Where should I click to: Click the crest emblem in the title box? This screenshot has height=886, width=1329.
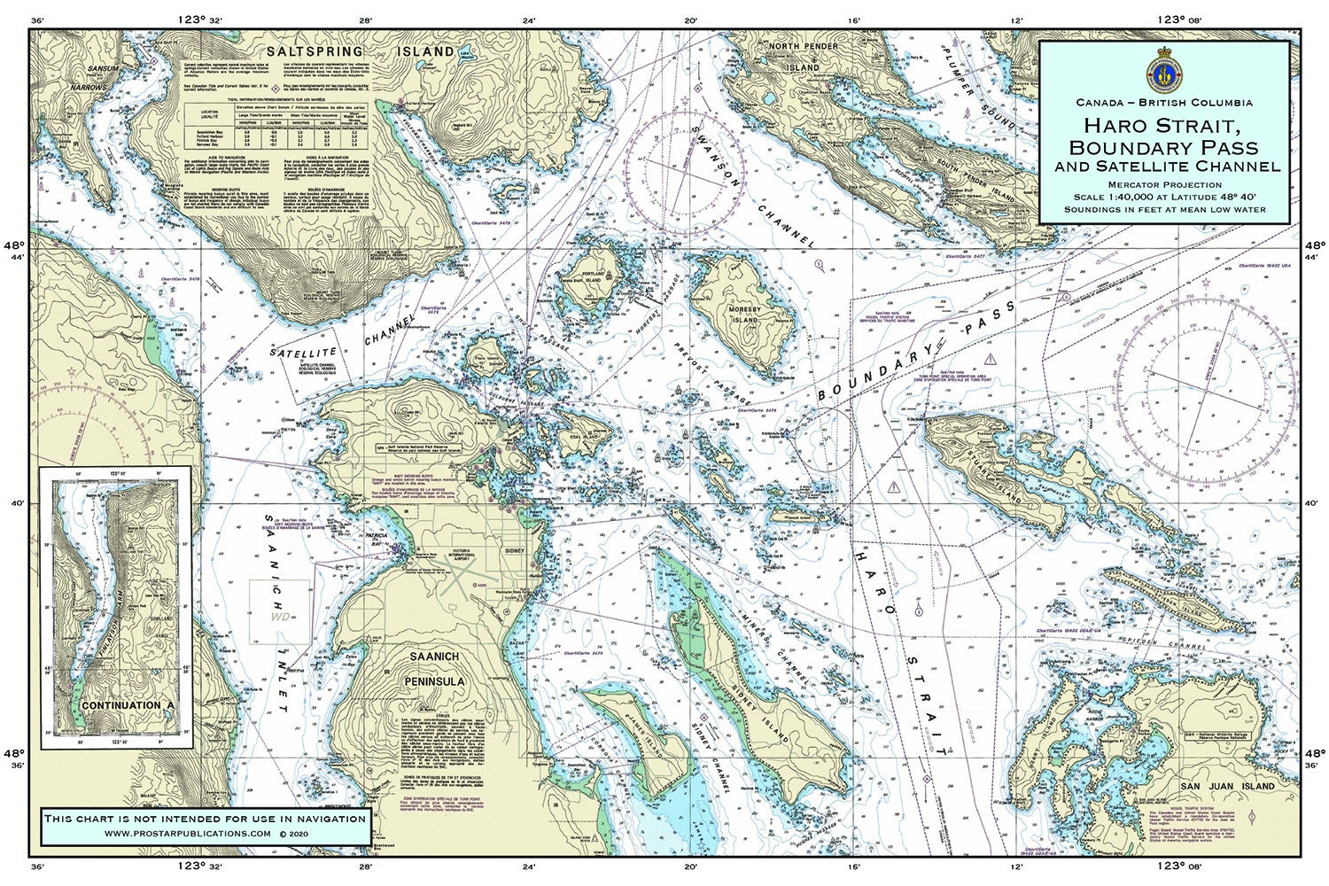tap(1164, 68)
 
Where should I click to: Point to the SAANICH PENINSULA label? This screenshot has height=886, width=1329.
tap(432, 669)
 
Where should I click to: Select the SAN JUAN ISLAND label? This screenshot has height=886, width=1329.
tap(1227, 786)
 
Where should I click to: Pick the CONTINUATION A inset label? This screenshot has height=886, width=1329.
tap(117, 706)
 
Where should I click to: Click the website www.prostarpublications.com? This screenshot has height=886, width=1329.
tap(188, 834)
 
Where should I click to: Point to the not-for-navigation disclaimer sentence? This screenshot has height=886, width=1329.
tap(205, 818)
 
